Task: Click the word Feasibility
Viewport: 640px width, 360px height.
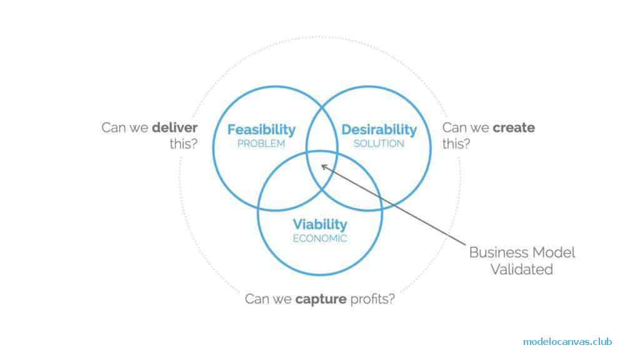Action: [261, 129]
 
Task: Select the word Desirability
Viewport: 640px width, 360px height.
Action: [379, 129]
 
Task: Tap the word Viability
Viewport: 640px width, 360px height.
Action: [320, 224]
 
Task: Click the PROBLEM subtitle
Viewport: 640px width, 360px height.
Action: [261, 144]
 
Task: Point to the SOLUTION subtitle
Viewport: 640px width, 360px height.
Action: [379, 144]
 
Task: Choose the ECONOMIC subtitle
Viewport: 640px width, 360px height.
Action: [320, 238]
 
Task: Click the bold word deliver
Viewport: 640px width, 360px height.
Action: [174, 128]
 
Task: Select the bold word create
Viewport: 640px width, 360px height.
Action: [514, 128]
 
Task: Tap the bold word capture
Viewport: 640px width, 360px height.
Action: [322, 299]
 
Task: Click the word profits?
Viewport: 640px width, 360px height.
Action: [372, 299]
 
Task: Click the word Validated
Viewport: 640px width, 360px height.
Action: [522, 269]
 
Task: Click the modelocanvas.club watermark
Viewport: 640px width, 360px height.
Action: [567, 341]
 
